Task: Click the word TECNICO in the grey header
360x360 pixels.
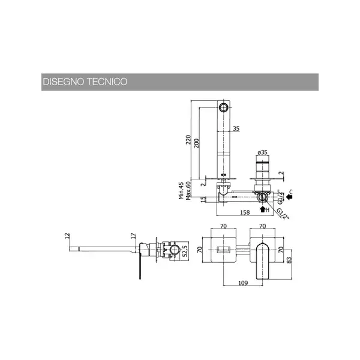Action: [x=107, y=82]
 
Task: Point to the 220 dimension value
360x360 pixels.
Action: [x=188, y=140]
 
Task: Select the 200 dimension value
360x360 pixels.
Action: [x=197, y=143]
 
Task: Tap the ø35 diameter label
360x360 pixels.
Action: [x=262, y=152]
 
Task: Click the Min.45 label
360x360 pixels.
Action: [x=181, y=191]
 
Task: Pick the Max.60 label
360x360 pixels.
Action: [x=188, y=191]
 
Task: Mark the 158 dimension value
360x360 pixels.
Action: [x=245, y=212]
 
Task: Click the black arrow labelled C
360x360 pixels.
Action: [x=289, y=197]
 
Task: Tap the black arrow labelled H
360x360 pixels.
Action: [x=263, y=209]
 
